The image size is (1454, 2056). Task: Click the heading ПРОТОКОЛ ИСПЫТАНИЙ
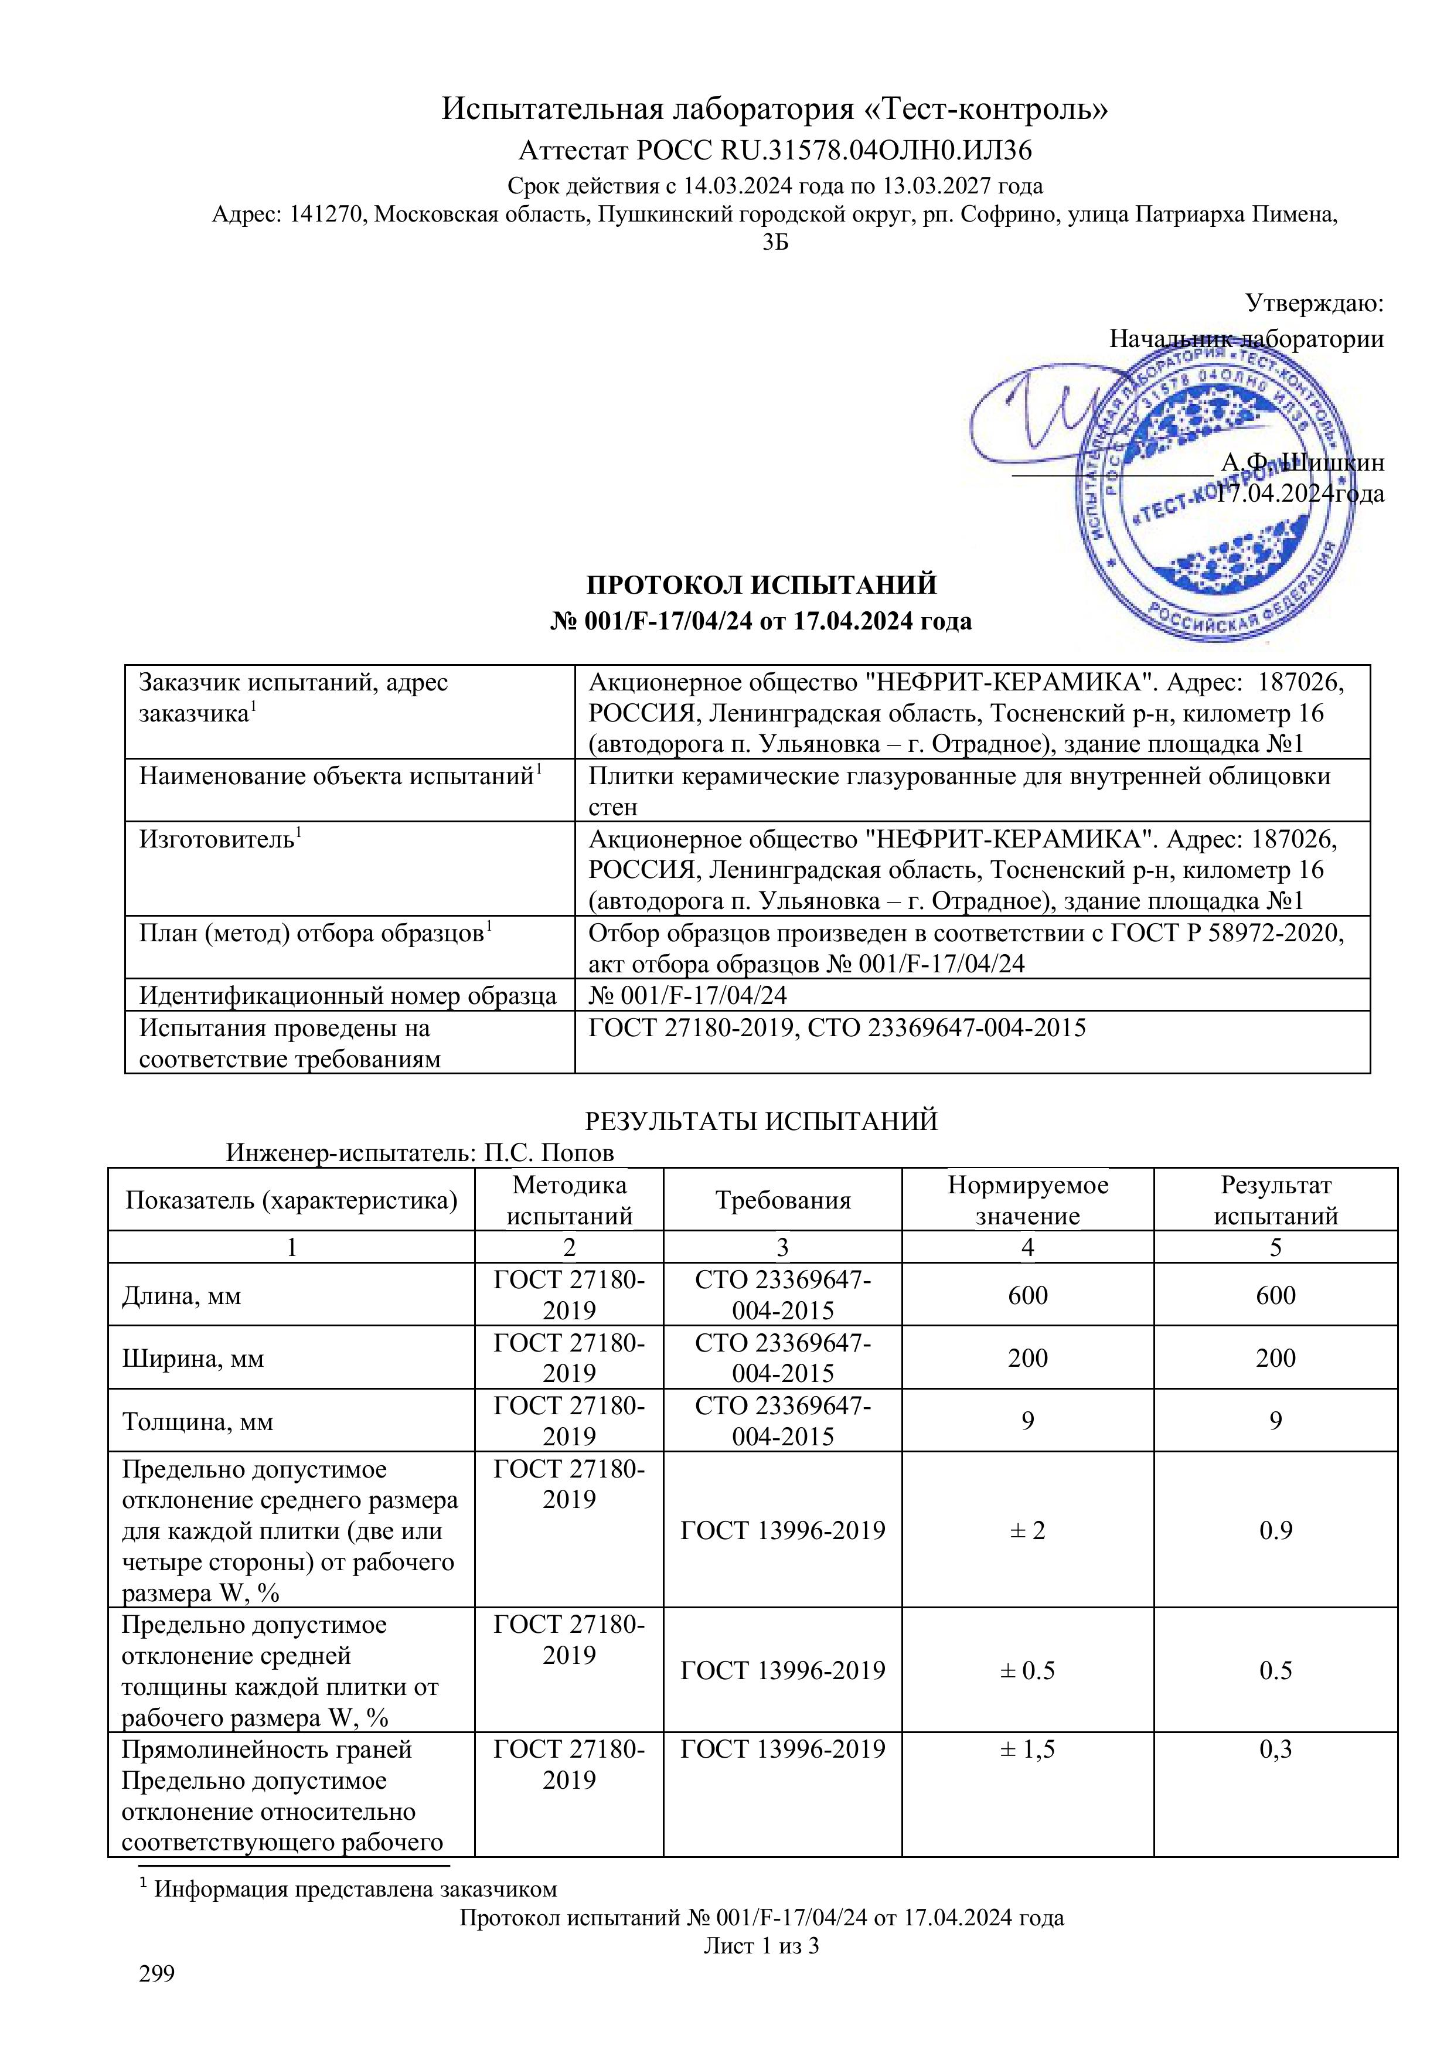[761, 585]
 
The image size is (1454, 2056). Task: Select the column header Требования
[782, 1201]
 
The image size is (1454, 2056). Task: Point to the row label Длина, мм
[182, 1296]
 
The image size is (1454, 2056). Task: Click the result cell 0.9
[1275, 1530]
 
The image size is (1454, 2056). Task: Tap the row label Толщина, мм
[197, 1421]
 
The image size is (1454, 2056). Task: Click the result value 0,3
[1275, 1774]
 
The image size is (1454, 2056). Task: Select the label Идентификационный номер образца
[348, 995]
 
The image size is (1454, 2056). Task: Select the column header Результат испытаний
[1275, 1201]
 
